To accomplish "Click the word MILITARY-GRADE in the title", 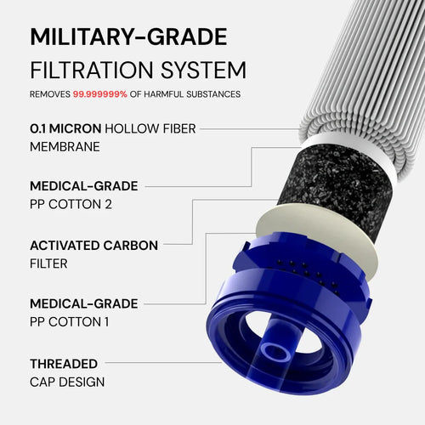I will (x=128, y=37).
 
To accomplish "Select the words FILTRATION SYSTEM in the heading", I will (x=138, y=70).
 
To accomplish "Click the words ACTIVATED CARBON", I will (x=93, y=245).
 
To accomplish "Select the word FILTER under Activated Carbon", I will (x=48, y=264).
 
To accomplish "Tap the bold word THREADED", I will (x=64, y=363).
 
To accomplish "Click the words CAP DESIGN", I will (x=67, y=382).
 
